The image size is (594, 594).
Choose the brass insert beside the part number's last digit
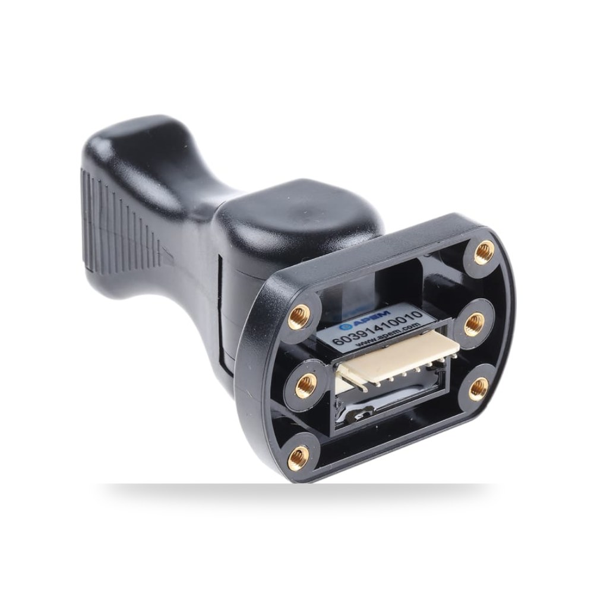pos(473,323)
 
